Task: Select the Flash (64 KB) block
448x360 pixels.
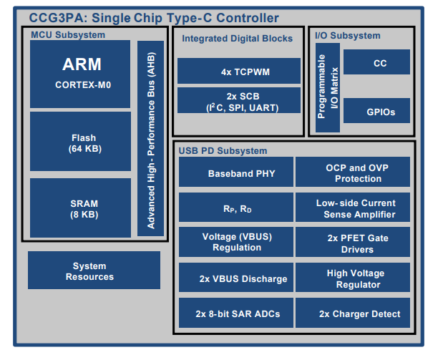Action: [x=80, y=142]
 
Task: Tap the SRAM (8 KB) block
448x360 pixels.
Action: [x=80, y=208]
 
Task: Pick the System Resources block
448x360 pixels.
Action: [x=94, y=271]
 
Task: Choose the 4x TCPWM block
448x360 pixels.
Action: [x=238, y=72]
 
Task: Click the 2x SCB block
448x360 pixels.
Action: [x=238, y=101]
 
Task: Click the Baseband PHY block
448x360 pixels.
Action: [x=236, y=172]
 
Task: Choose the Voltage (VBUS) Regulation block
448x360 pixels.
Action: [x=236, y=242]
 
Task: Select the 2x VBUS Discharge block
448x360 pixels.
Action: [x=236, y=278]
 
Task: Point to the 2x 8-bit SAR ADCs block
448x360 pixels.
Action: [x=236, y=313]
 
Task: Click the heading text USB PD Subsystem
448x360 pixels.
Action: [x=223, y=150]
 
